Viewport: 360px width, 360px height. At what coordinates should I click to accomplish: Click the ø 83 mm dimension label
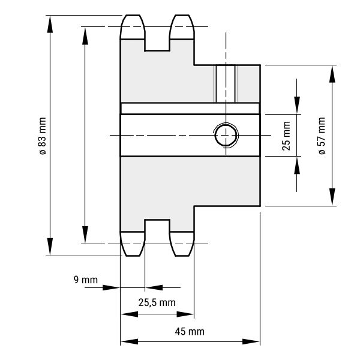tap(43, 136)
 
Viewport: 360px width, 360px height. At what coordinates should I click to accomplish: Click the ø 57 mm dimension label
tap(322, 136)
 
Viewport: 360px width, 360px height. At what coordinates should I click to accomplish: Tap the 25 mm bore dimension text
tap(286, 136)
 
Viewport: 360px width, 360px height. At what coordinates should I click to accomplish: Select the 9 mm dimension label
tap(86, 280)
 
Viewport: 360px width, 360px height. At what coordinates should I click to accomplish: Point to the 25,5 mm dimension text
tap(157, 302)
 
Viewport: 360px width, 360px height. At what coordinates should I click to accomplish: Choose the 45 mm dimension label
tap(190, 332)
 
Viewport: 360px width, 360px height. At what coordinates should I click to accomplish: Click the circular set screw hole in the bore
tap(226, 136)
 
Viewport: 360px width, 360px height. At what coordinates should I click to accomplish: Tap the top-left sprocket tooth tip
tap(133, 16)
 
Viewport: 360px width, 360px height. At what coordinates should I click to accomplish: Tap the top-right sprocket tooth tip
tap(182, 16)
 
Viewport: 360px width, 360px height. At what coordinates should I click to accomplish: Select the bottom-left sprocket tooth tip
tap(133, 256)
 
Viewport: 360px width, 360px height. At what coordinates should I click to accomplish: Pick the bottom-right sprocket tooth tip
tap(182, 256)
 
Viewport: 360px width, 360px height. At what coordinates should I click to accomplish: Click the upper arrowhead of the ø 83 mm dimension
tap(50, 24)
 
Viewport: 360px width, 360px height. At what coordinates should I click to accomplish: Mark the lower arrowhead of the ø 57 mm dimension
tap(332, 197)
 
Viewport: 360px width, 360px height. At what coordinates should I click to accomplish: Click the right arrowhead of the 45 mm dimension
tap(251, 341)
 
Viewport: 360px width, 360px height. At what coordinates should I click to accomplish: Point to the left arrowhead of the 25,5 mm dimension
tap(130, 314)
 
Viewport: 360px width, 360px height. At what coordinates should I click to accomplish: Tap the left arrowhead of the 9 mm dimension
tap(111, 287)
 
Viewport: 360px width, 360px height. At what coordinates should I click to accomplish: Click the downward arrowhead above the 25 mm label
tap(297, 106)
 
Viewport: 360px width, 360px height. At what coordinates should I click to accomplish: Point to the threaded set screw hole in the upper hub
tap(226, 84)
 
